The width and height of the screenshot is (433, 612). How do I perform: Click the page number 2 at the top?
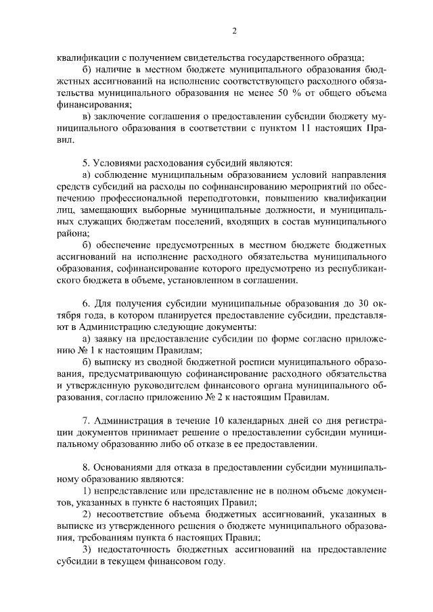(234, 30)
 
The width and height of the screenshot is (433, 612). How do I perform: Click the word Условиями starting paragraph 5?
(122, 163)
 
